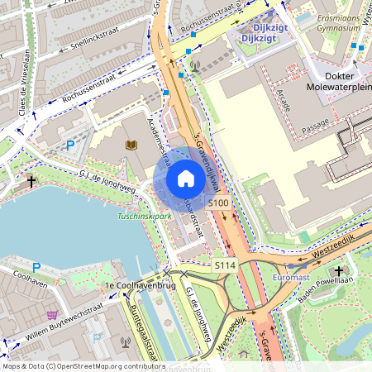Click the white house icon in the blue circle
(x=186, y=179)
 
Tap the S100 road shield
(x=218, y=203)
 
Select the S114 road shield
(x=224, y=265)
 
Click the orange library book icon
(x=131, y=145)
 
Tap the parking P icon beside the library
(x=71, y=145)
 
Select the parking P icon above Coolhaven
(x=36, y=267)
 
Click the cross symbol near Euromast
(x=339, y=270)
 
